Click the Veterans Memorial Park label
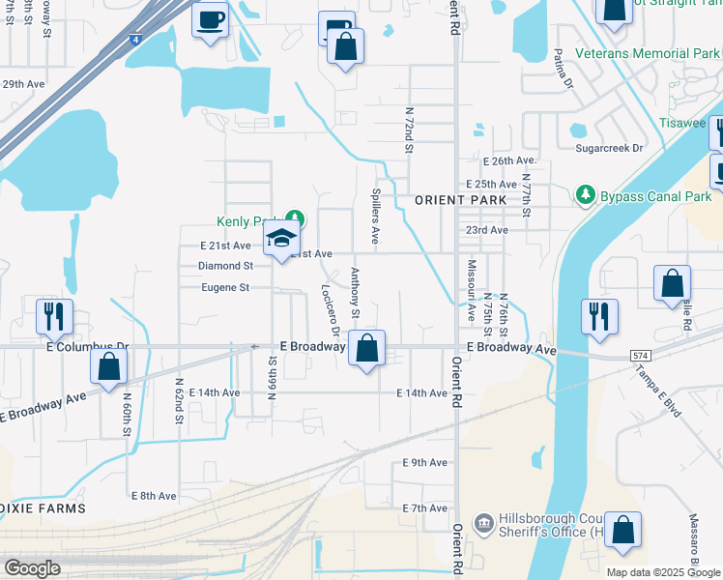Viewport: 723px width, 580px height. (646, 54)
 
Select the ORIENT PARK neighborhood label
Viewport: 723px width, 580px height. (453, 200)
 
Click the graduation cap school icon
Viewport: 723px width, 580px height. (281, 239)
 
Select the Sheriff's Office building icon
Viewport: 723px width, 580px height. (482, 525)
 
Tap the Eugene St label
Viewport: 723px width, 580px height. (225, 287)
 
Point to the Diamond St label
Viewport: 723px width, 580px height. (225, 265)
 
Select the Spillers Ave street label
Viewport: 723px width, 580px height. (375, 215)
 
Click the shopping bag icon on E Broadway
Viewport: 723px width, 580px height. (366, 350)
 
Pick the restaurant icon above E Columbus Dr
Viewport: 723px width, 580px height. (53, 317)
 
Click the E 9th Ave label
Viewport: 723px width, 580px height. (425, 463)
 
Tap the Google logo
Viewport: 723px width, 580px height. (32, 568)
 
